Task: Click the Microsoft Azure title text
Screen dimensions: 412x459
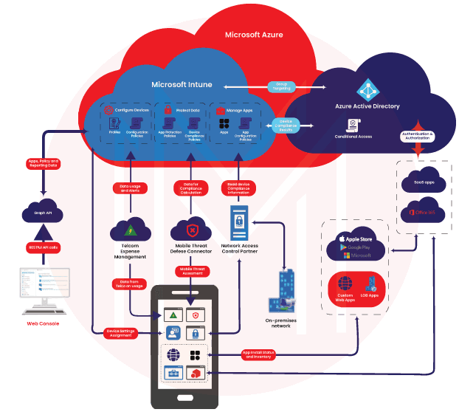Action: [x=253, y=35]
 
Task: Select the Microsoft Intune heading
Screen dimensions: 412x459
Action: [x=182, y=84]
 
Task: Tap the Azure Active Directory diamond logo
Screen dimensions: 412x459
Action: [x=367, y=90]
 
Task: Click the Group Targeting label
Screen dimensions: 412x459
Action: [x=283, y=86]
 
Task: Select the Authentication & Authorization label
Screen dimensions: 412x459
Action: [x=420, y=137]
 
